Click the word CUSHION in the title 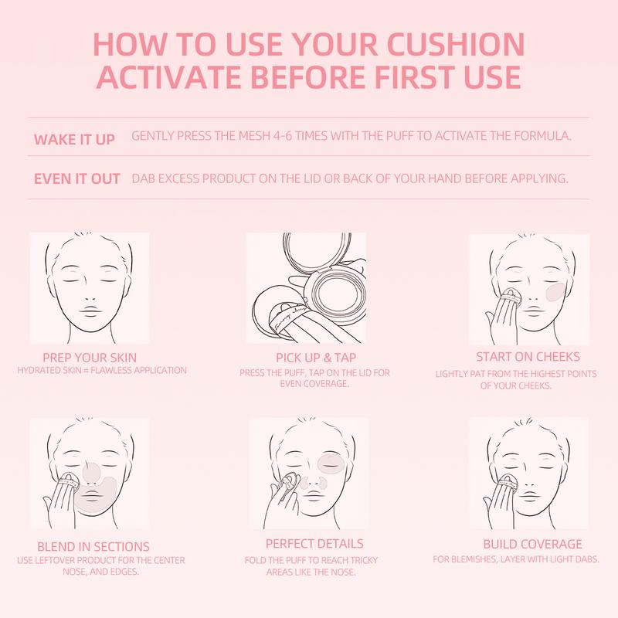456,44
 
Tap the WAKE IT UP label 74,140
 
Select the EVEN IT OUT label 76,178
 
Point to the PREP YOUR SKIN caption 90,358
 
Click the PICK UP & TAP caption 316,358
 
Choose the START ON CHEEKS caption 528,357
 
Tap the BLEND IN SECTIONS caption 93,546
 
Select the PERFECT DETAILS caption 314,544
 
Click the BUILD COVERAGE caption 532,544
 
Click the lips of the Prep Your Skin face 90,311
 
